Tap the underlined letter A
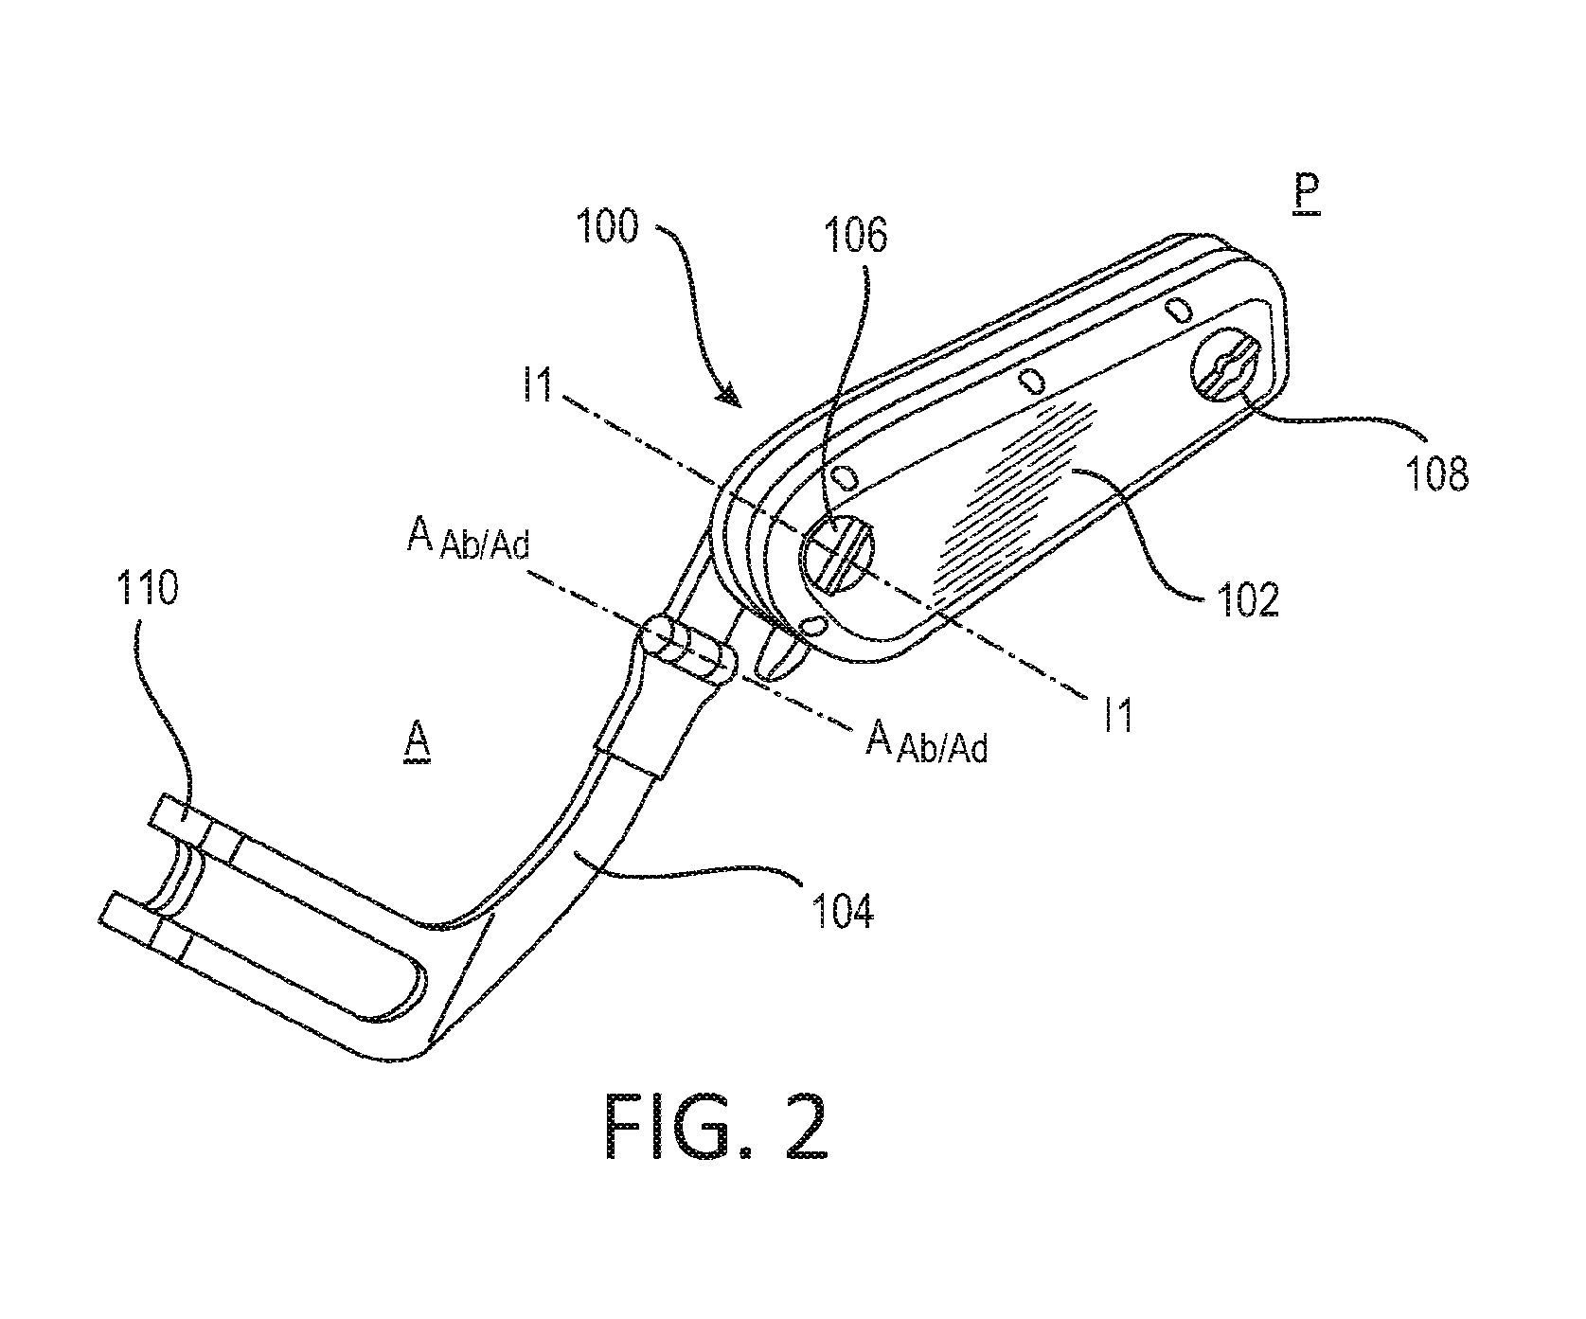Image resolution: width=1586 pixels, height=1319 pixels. point(417,739)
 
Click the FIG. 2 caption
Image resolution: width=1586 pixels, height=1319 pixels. point(717,1127)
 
